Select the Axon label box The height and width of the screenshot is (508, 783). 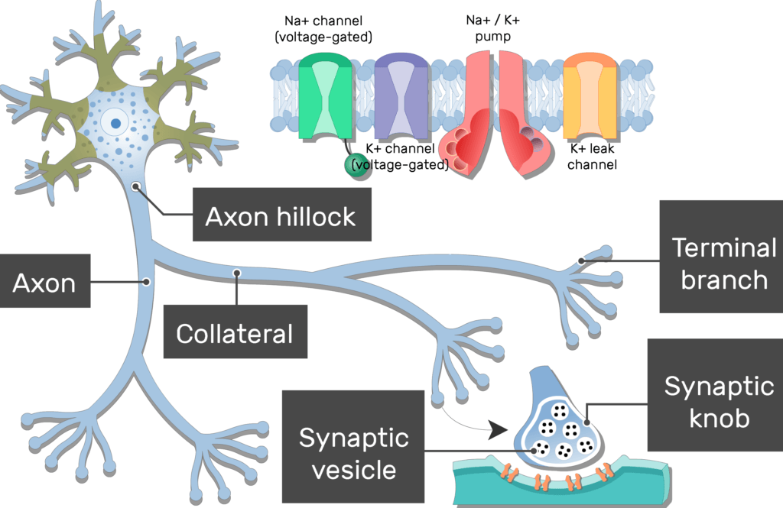tap(44, 283)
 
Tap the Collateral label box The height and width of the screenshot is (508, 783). tap(235, 332)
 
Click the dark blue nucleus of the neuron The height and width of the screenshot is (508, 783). tap(115, 121)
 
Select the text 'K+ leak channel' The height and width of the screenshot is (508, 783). tap(591, 157)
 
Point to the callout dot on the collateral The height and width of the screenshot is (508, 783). tap(238, 272)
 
